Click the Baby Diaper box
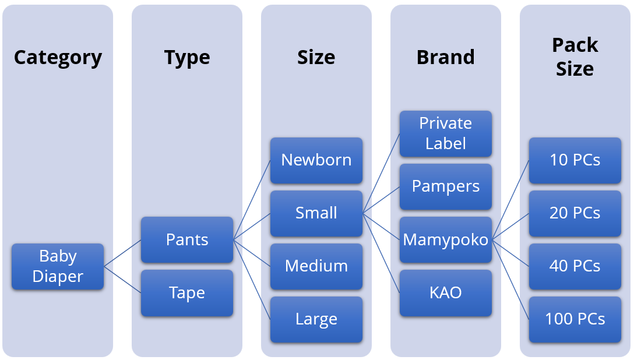pyautogui.click(x=58, y=266)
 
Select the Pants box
pyautogui.click(x=187, y=239)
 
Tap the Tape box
pyautogui.click(x=187, y=292)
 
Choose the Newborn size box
pyautogui.click(x=316, y=160)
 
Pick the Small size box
pyautogui.click(x=316, y=213)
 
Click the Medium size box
pyautogui.click(x=316, y=266)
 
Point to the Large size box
pyautogui.click(x=316, y=319)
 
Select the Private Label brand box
pyautogui.click(x=446, y=133)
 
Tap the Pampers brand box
pyautogui.click(x=446, y=186)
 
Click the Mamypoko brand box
pyautogui.click(x=446, y=239)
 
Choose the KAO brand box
pyautogui.click(x=446, y=292)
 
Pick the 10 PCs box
pyautogui.click(x=575, y=160)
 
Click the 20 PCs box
pyautogui.click(x=575, y=213)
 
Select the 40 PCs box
pyautogui.click(x=575, y=266)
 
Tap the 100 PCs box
pyautogui.click(x=575, y=319)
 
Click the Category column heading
pyautogui.click(x=58, y=57)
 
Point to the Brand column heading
pyautogui.click(x=446, y=57)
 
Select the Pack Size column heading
pyautogui.click(x=575, y=57)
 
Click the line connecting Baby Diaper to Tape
pyautogui.click(x=122, y=280)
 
